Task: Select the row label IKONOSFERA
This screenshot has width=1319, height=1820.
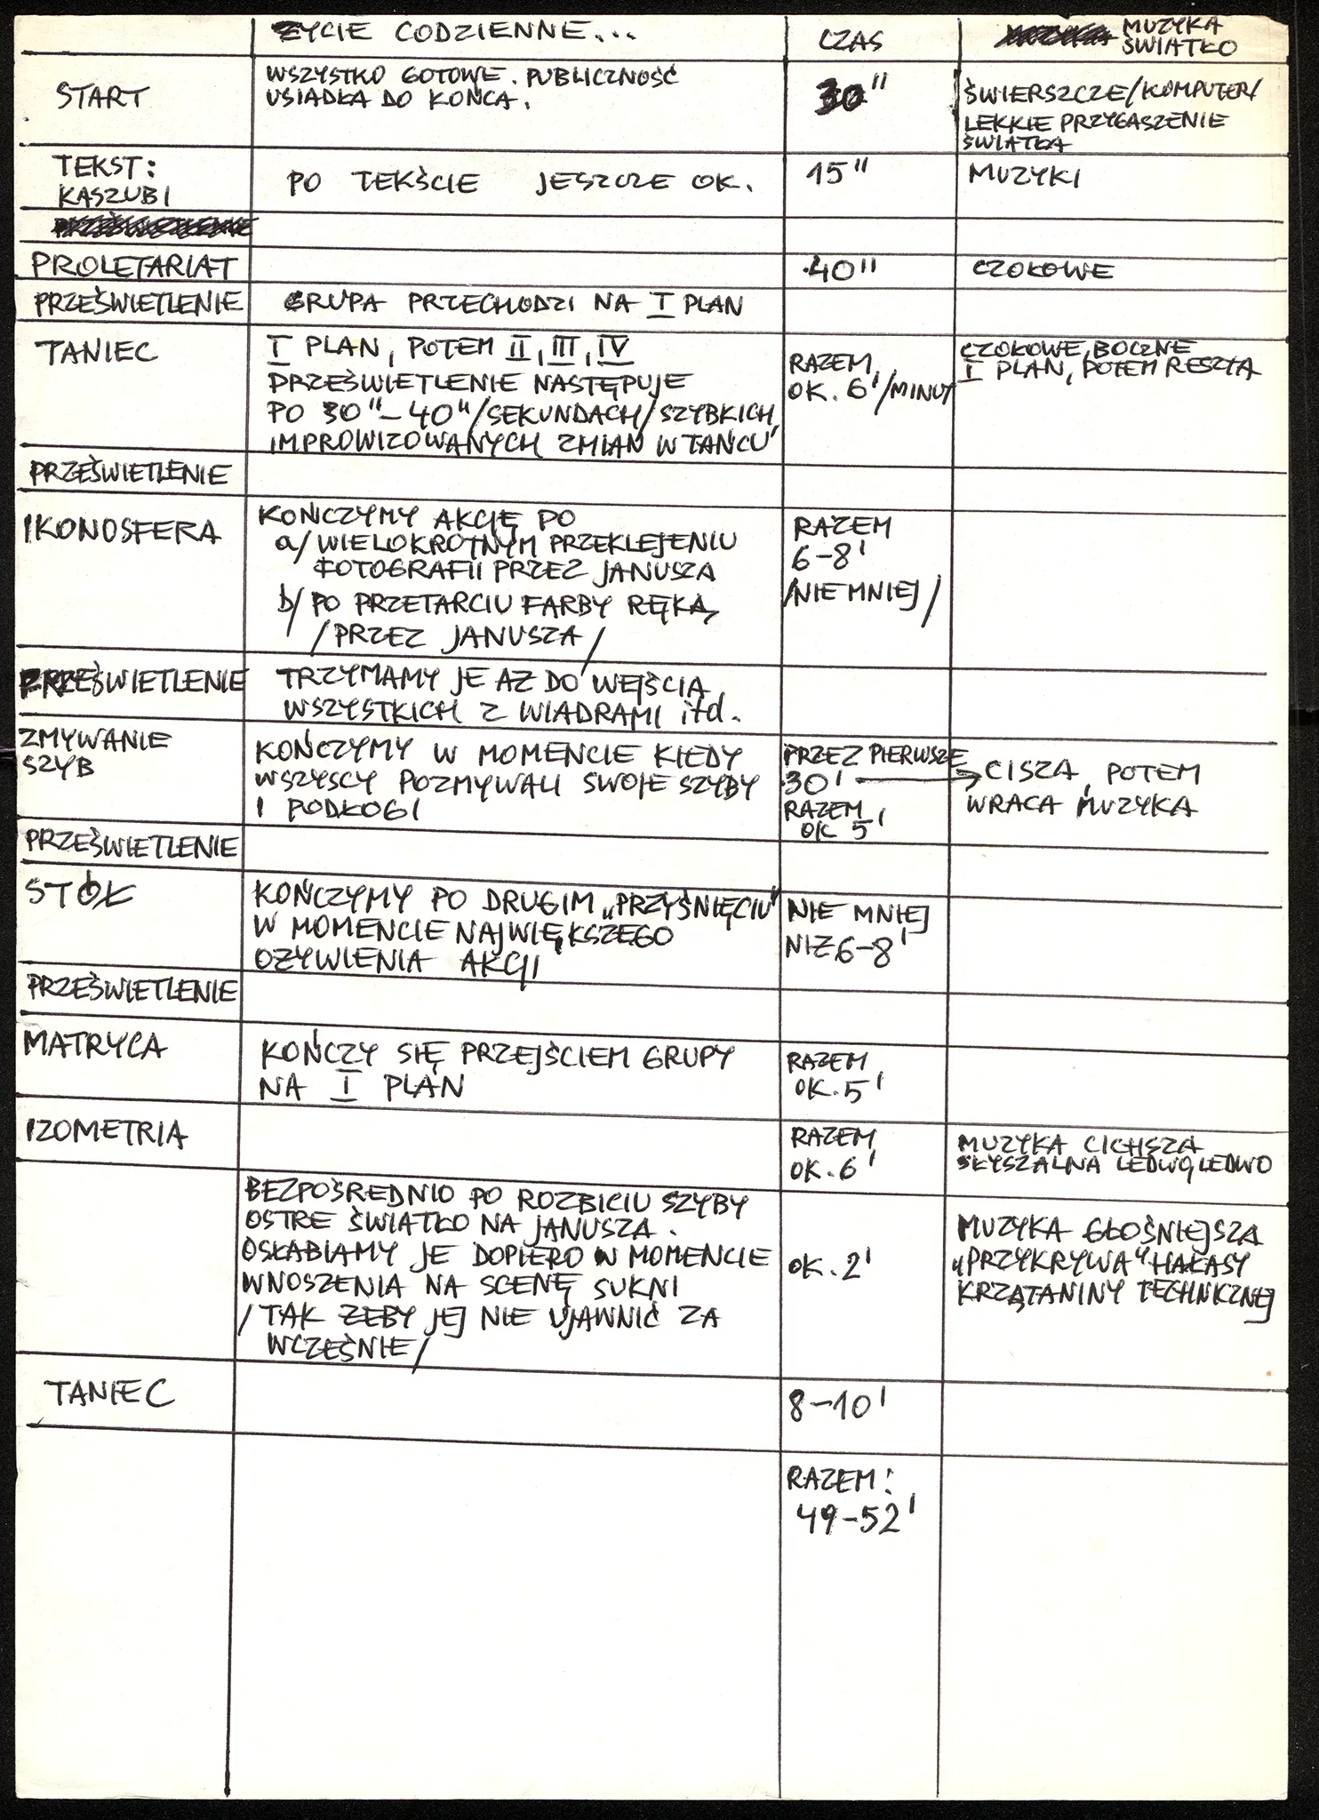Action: pyautogui.click(x=121, y=532)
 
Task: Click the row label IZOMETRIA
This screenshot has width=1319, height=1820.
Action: pyautogui.click(x=107, y=1132)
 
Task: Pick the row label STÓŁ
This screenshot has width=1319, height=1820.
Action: pyautogui.click(x=81, y=893)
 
